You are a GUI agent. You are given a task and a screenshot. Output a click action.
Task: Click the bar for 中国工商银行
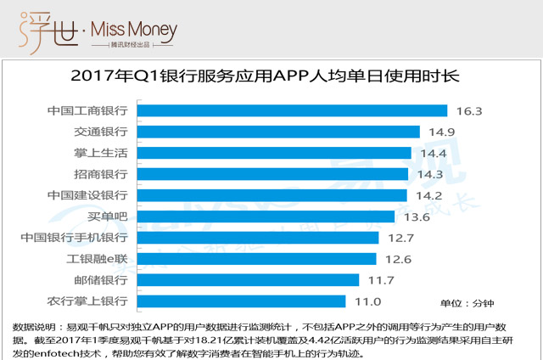point(291,110)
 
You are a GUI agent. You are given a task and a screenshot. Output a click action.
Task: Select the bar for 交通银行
point(277,132)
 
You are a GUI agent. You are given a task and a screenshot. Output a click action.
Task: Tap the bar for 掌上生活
point(273,153)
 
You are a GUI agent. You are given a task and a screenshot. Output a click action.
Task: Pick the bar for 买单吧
point(266,217)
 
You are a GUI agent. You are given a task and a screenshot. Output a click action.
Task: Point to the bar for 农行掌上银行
point(241,301)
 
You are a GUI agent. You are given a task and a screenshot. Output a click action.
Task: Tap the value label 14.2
point(429,195)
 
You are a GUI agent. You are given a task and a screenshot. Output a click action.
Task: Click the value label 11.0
point(367,301)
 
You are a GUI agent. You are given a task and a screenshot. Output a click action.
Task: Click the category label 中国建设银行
point(88,195)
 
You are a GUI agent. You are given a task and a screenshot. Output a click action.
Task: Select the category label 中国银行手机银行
point(76,238)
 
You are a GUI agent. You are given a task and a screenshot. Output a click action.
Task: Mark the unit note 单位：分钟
point(467,302)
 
